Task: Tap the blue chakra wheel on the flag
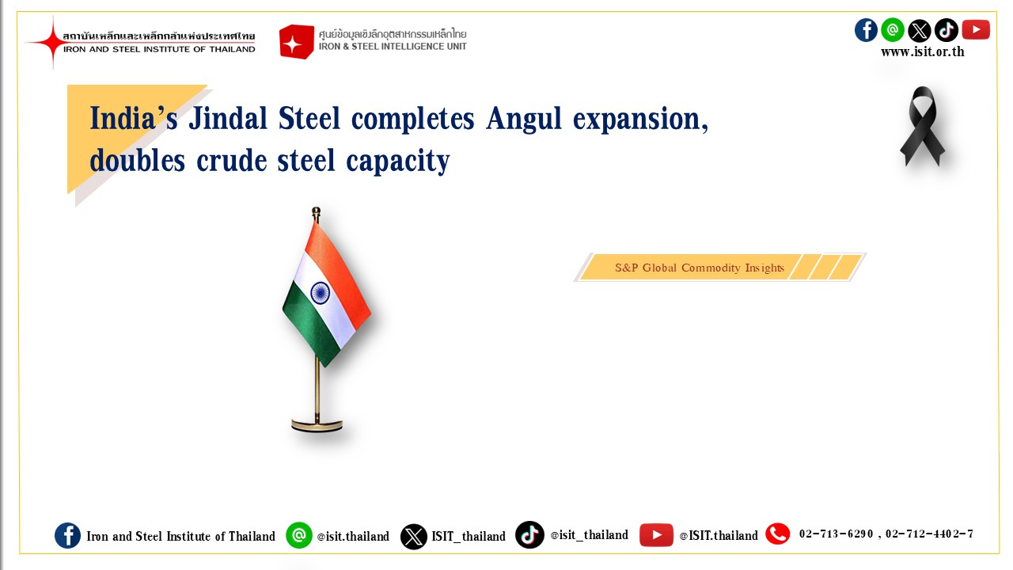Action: point(321,292)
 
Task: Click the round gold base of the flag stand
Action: point(317,425)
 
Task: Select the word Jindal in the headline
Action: point(228,118)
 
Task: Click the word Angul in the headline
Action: point(524,120)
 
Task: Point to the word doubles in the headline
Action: point(138,160)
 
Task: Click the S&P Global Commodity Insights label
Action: point(699,268)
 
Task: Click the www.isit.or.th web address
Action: point(923,52)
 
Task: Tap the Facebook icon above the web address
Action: point(866,30)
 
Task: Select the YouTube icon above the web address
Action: point(976,30)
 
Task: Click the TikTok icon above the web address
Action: point(946,30)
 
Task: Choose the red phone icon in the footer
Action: point(777,534)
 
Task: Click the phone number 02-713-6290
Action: point(836,534)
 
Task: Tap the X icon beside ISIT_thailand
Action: point(413,537)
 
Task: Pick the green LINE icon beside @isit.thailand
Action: point(299,535)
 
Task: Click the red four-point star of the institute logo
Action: point(52,42)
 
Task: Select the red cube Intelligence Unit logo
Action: point(296,42)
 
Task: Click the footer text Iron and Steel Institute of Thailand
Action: point(181,536)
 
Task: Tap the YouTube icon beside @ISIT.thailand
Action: point(656,535)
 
